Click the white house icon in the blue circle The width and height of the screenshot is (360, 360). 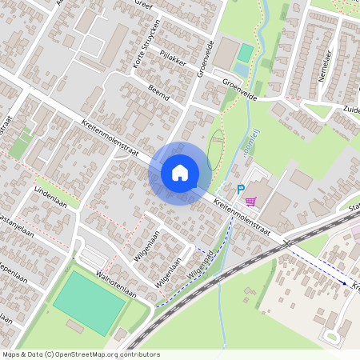point(180,173)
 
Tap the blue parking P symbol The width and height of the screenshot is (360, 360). point(239,190)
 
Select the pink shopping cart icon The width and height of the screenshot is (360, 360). point(251,201)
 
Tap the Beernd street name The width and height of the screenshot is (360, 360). point(158,94)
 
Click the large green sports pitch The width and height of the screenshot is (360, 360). point(89,303)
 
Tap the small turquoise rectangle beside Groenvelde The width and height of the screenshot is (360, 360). point(246,54)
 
